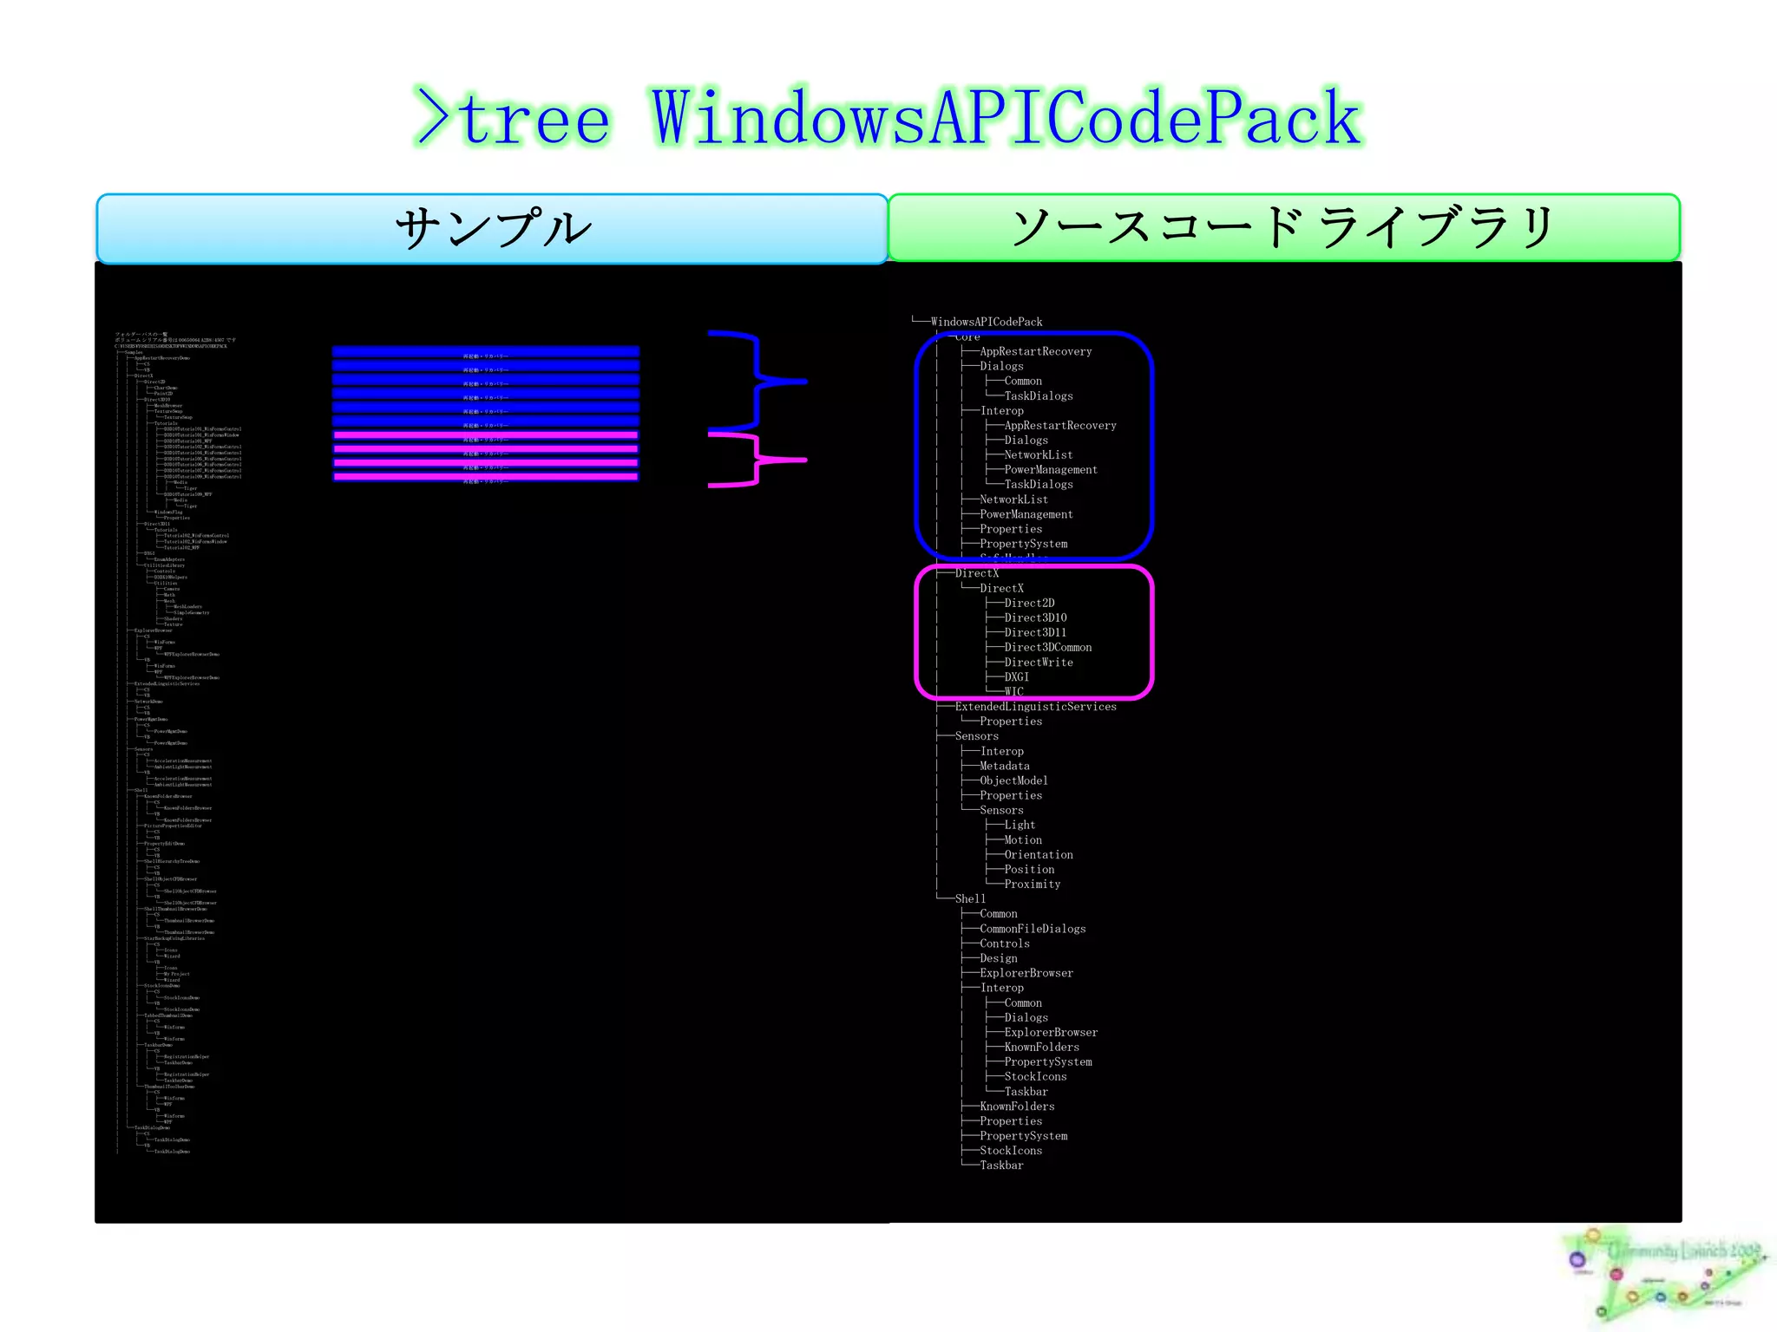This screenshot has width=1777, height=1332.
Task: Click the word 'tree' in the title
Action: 534,120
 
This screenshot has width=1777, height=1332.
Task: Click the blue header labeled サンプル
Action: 492,229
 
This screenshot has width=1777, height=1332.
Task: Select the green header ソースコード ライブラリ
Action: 1283,228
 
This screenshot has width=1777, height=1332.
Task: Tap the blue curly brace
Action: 759,381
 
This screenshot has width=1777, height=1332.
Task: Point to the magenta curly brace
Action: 758,460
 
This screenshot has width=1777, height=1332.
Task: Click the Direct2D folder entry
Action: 1029,603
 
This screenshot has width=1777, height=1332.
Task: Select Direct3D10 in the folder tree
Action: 1035,617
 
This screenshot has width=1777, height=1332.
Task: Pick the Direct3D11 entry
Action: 1035,632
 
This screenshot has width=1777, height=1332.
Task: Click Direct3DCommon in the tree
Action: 1047,647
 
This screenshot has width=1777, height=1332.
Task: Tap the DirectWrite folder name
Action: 1038,662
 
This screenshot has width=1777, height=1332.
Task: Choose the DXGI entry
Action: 1016,676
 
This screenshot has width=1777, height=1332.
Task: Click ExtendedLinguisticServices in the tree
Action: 1035,707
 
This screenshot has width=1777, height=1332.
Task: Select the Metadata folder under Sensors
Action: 1004,766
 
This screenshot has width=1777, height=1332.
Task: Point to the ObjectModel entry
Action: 1013,780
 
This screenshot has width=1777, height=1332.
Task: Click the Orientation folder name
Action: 1038,854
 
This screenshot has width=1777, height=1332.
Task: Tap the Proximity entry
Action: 1032,884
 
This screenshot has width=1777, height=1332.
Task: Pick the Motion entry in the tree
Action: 1023,839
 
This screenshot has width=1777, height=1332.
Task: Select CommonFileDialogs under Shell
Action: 1033,929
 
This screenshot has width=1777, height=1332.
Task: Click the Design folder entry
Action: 998,958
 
